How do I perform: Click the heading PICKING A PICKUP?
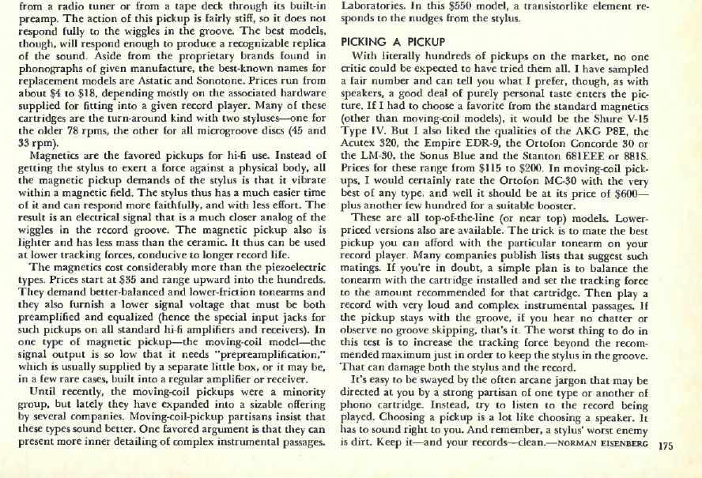click(x=393, y=41)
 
